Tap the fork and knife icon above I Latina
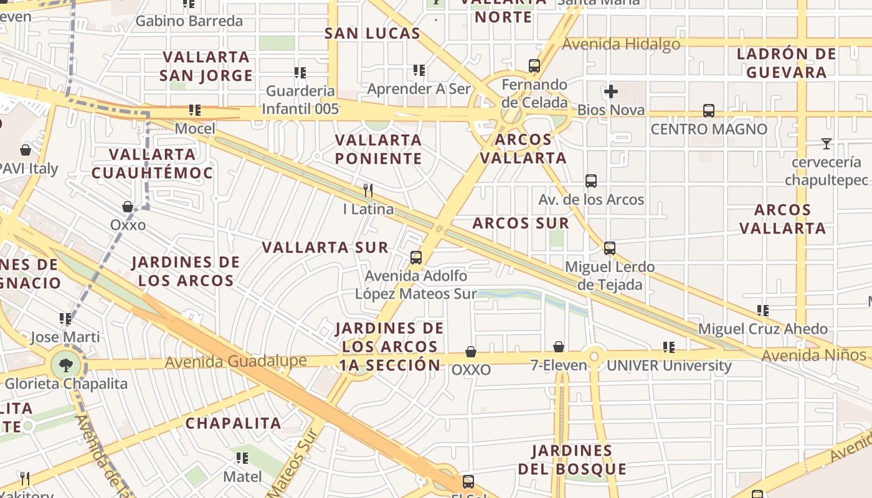369,190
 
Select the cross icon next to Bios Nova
610,92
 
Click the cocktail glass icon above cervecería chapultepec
826,144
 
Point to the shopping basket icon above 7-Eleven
559,347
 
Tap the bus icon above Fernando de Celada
534,66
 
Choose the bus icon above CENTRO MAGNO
708,111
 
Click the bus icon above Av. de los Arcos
590,181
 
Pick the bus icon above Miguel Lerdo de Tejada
609,248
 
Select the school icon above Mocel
195,111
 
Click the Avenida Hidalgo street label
621,44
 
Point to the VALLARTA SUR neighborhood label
325,248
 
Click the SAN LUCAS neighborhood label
372,34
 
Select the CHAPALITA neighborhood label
234,423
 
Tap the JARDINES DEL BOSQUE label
572,459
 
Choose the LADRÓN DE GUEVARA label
786,63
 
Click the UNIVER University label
669,366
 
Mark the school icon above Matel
242,459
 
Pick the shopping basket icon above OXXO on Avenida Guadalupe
471,352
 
